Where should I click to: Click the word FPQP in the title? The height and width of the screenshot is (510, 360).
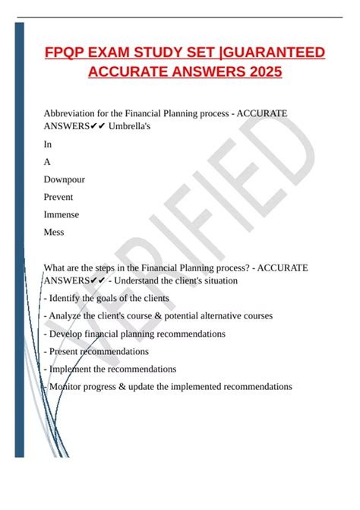66,52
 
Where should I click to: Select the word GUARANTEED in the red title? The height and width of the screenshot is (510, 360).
273,52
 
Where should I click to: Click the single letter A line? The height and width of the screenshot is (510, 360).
48,161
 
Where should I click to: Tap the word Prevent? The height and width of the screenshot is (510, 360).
59,197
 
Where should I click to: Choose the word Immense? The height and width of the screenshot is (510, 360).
62,214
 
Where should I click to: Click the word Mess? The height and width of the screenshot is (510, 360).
55,232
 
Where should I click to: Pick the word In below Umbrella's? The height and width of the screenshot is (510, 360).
48,144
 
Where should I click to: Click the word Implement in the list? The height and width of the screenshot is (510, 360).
71,369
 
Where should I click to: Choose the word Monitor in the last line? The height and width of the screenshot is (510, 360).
68,386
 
